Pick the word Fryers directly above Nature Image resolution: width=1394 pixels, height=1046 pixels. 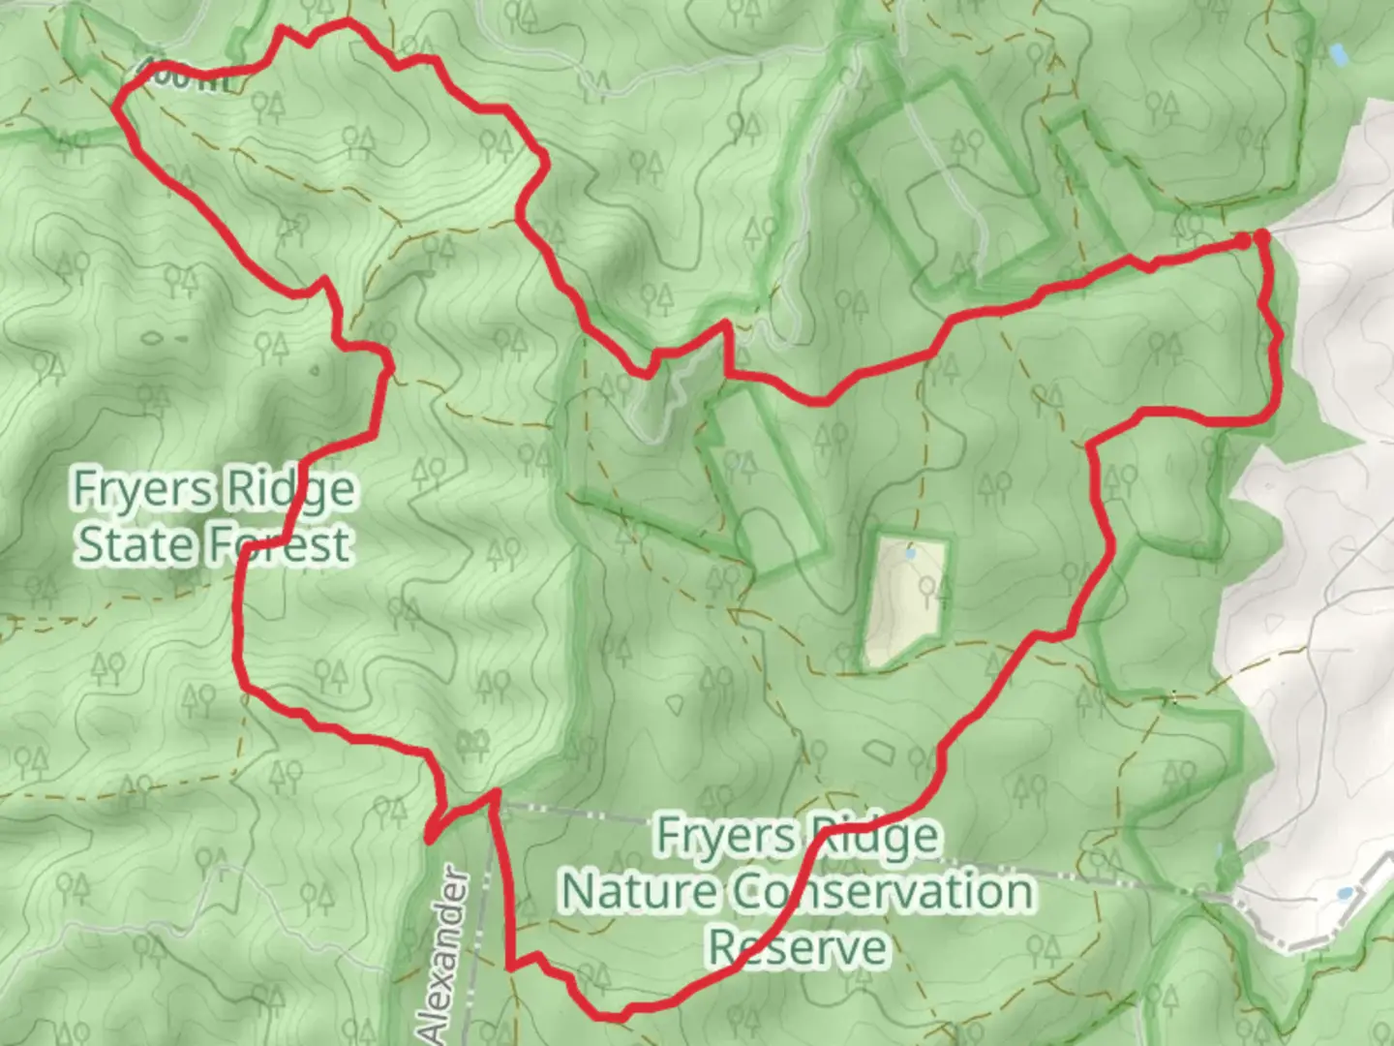pos(718,835)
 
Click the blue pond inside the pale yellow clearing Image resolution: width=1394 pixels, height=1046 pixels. pos(909,555)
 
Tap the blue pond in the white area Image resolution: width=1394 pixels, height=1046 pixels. pos(1345,893)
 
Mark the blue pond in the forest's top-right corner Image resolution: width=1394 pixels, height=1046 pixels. pos(1338,54)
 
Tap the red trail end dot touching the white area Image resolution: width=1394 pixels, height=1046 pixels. pos(1262,235)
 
